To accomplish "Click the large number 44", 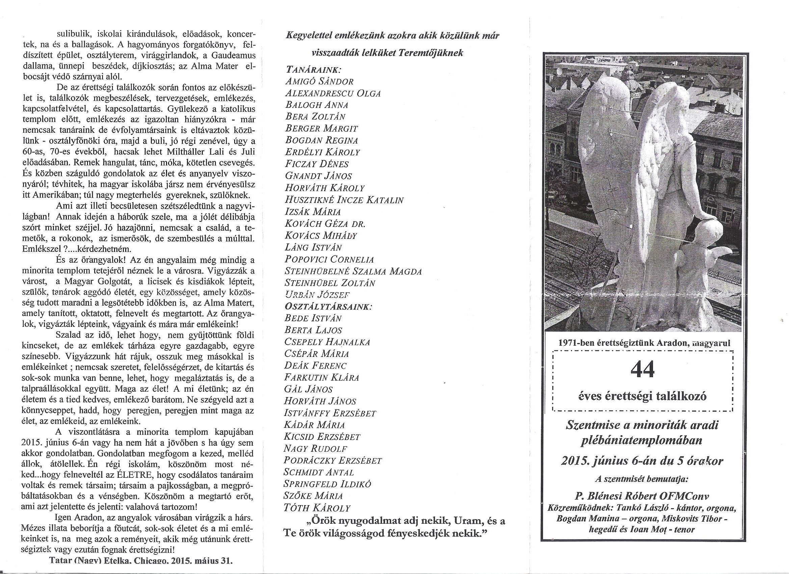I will [x=643, y=370].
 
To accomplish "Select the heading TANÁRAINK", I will [x=313, y=69].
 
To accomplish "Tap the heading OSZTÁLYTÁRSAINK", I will [x=328, y=306].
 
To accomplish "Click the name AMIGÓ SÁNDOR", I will [x=319, y=81].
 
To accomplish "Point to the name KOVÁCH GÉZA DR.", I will [x=325, y=224].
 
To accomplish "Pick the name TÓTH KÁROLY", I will [x=317, y=507].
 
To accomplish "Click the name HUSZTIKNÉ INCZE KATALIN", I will [x=344, y=200].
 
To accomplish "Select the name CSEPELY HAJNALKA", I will [x=327, y=342].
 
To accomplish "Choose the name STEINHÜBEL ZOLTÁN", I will [x=330, y=283].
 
